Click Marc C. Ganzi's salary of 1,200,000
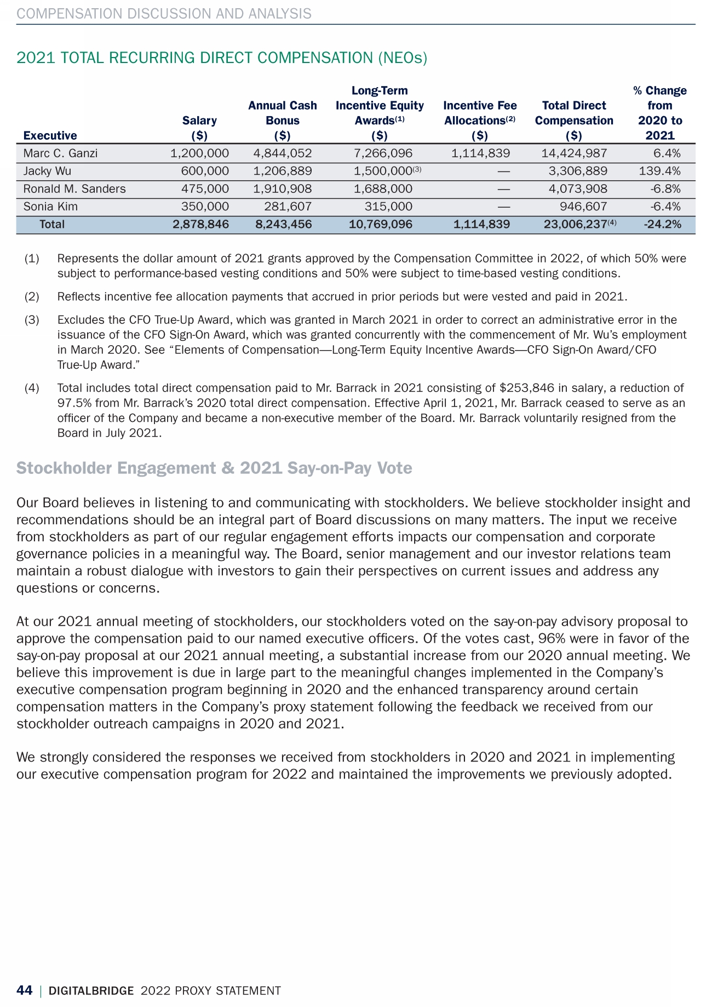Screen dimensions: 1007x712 tap(199, 153)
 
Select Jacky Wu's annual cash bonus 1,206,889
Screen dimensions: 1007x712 tap(283, 171)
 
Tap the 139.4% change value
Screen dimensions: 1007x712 tap(660, 171)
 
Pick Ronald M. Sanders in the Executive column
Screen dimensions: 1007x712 tap(74, 189)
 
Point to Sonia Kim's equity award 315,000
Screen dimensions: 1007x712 tap(388, 207)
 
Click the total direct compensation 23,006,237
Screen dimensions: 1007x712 tap(575, 224)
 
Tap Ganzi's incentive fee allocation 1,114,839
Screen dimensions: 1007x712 tap(480, 153)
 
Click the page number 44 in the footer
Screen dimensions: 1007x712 tap(25, 990)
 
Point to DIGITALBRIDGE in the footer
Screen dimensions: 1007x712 tap(91, 991)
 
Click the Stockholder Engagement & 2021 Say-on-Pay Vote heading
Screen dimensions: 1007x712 tap(214, 468)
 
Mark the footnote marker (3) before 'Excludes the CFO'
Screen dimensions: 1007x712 tap(32, 320)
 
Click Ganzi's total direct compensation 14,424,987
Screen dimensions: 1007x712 tap(574, 153)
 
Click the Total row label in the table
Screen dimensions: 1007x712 tap(52, 224)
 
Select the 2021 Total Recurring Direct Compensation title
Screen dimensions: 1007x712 tap(222, 58)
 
